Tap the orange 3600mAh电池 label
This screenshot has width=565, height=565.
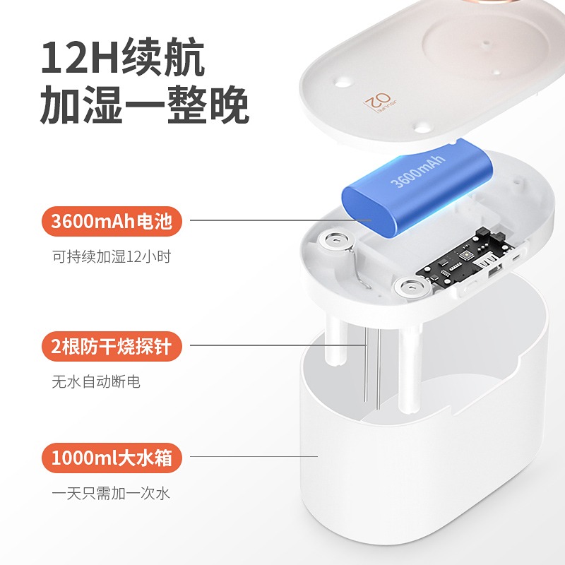(x=112, y=221)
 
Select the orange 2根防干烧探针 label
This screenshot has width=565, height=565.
(x=112, y=346)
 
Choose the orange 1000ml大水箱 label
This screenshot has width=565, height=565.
(x=112, y=458)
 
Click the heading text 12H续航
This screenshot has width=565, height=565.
(x=123, y=57)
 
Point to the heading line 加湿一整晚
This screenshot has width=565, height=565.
(x=144, y=105)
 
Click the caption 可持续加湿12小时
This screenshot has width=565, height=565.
(x=112, y=256)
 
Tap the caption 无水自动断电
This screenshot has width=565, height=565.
(x=96, y=381)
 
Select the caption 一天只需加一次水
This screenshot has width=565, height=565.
(x=111, y=493)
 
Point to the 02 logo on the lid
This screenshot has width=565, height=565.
(x=379, y=102)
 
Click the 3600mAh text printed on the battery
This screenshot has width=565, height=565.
(x=418, y=172)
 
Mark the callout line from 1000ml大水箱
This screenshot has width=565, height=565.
(x=254, y=456)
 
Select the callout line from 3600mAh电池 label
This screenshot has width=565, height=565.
(x=280, y=220)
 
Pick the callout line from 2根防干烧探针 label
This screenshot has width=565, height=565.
(x=278, y=345)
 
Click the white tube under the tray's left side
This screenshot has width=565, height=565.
(x=335, y=339)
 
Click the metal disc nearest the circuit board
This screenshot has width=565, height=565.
(x=412, y=287)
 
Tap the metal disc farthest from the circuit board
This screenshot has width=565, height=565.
(x=335, y=240)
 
